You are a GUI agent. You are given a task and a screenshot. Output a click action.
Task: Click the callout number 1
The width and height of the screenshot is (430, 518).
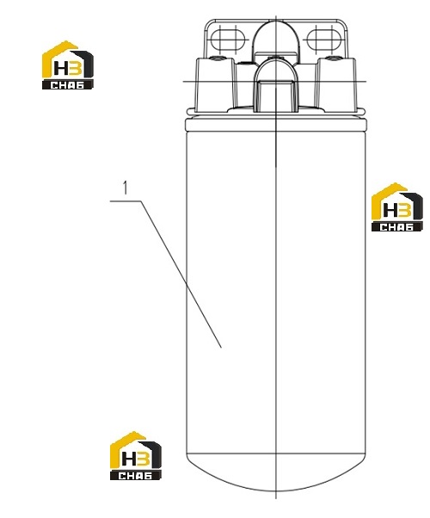point(125,188)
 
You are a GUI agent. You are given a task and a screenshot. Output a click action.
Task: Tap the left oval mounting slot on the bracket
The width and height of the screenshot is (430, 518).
point(228,39)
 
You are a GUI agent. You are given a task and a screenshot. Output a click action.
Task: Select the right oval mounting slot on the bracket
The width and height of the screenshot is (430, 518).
point(323,39)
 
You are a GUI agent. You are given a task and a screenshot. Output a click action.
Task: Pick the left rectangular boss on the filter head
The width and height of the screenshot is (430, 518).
point(216,84)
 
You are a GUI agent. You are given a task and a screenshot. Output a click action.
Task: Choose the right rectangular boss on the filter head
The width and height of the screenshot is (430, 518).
point(336,84)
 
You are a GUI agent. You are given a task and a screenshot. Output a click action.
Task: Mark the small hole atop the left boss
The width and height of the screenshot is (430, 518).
point(218,59)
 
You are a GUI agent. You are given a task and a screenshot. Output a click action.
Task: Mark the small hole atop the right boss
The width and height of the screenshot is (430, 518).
point(333,59)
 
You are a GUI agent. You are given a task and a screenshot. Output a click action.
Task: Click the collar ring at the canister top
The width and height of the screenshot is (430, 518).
point(276,125)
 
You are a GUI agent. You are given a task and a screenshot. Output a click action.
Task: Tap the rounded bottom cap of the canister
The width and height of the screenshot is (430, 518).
point(276,472)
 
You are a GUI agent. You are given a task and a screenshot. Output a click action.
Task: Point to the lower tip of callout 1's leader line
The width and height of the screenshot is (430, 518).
point(221,348)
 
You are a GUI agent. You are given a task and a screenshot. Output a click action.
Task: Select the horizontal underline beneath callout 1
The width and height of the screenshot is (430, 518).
point(126,200)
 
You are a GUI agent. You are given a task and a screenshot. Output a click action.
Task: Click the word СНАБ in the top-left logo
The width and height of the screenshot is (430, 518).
point(67,85)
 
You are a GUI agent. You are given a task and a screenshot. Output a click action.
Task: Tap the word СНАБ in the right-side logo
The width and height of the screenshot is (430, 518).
point(396,227)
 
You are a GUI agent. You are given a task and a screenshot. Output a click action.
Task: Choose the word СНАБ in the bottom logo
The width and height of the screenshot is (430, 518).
point(135,476)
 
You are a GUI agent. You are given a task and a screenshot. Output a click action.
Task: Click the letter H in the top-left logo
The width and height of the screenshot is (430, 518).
point(60,69)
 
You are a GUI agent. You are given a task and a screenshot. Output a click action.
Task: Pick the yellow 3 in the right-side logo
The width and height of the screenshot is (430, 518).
point(405,211)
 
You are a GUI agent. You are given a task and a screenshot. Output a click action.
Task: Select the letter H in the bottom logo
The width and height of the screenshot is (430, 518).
point(128,459)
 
